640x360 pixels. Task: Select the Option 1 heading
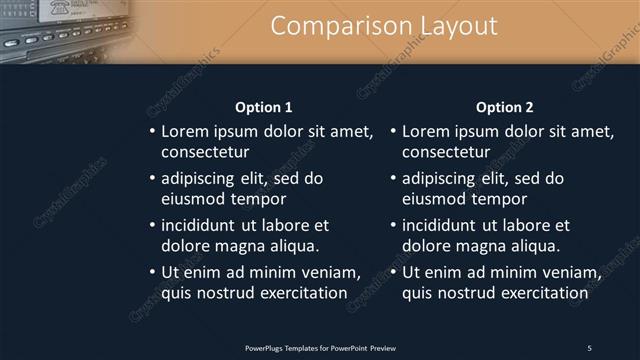click(263, 107)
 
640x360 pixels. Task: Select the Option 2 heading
click(504, 107)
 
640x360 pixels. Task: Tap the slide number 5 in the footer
click(589, 347)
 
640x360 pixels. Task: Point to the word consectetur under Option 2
click(446, 152)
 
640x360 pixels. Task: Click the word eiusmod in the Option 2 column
click(433, 198)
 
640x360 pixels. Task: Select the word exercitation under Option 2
click(541, 292)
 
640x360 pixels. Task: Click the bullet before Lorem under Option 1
click(152, 132)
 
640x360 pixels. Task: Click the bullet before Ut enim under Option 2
click(393, 273)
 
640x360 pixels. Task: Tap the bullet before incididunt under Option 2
click(393, 226)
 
